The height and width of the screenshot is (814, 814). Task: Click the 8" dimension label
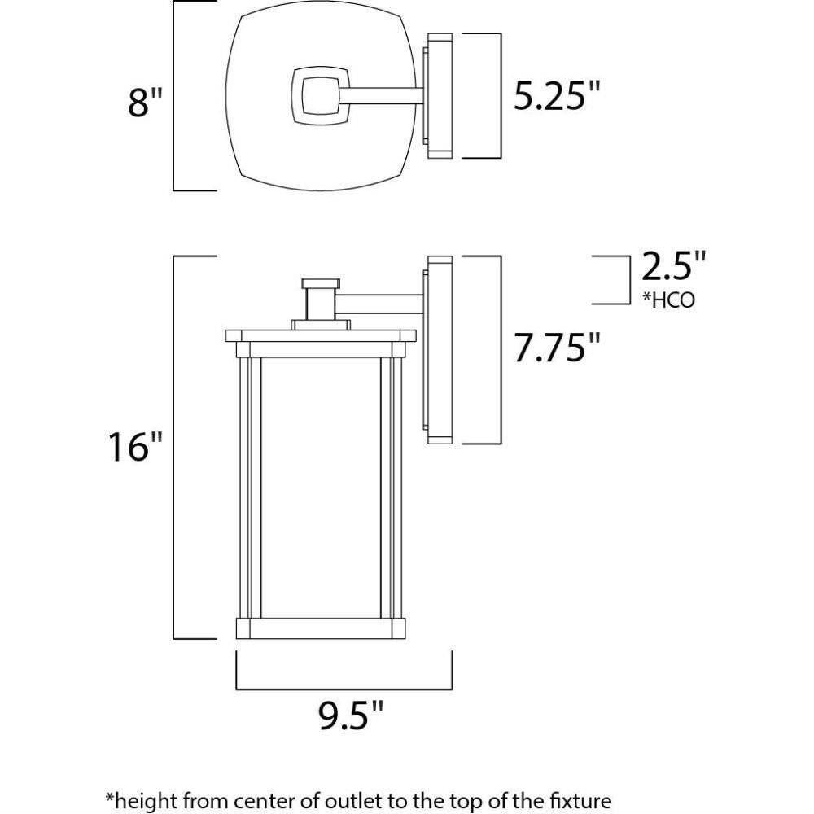tap(146, 102)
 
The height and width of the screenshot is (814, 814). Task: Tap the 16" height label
tap(135, 446)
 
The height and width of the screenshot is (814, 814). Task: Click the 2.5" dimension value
tap(674, 266)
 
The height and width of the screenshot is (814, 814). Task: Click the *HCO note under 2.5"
tap(668, 300)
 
